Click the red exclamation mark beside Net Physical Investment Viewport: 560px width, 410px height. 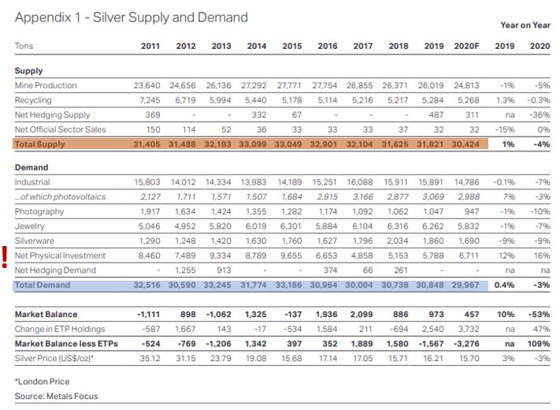point(5,257)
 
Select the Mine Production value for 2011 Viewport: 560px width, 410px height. point(146,85)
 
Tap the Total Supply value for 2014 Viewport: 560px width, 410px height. point(253,144)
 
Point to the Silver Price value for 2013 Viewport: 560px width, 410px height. point(221,358)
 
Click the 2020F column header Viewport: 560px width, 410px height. point(466,46)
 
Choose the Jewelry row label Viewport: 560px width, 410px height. point(30,226)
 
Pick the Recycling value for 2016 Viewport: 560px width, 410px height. point(328,100)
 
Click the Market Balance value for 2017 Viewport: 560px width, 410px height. point(361,315)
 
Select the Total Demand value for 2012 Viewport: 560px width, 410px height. point(182,285)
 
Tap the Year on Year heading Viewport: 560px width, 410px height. point(525,25)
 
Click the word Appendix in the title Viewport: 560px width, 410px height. point(43,18)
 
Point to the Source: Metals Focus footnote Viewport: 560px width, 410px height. point(57,396)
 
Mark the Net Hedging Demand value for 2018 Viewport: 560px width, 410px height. point(400,270)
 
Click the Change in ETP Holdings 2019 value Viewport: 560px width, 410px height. point(433,329)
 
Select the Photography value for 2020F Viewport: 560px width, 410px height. point(472,211)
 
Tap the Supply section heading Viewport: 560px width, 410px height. point(29,71)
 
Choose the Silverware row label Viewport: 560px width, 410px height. point(35,241)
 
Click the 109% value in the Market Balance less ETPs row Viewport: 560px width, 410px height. point(539,344)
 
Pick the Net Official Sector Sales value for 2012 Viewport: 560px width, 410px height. point(188,129)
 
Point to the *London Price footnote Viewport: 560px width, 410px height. point(43,382)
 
